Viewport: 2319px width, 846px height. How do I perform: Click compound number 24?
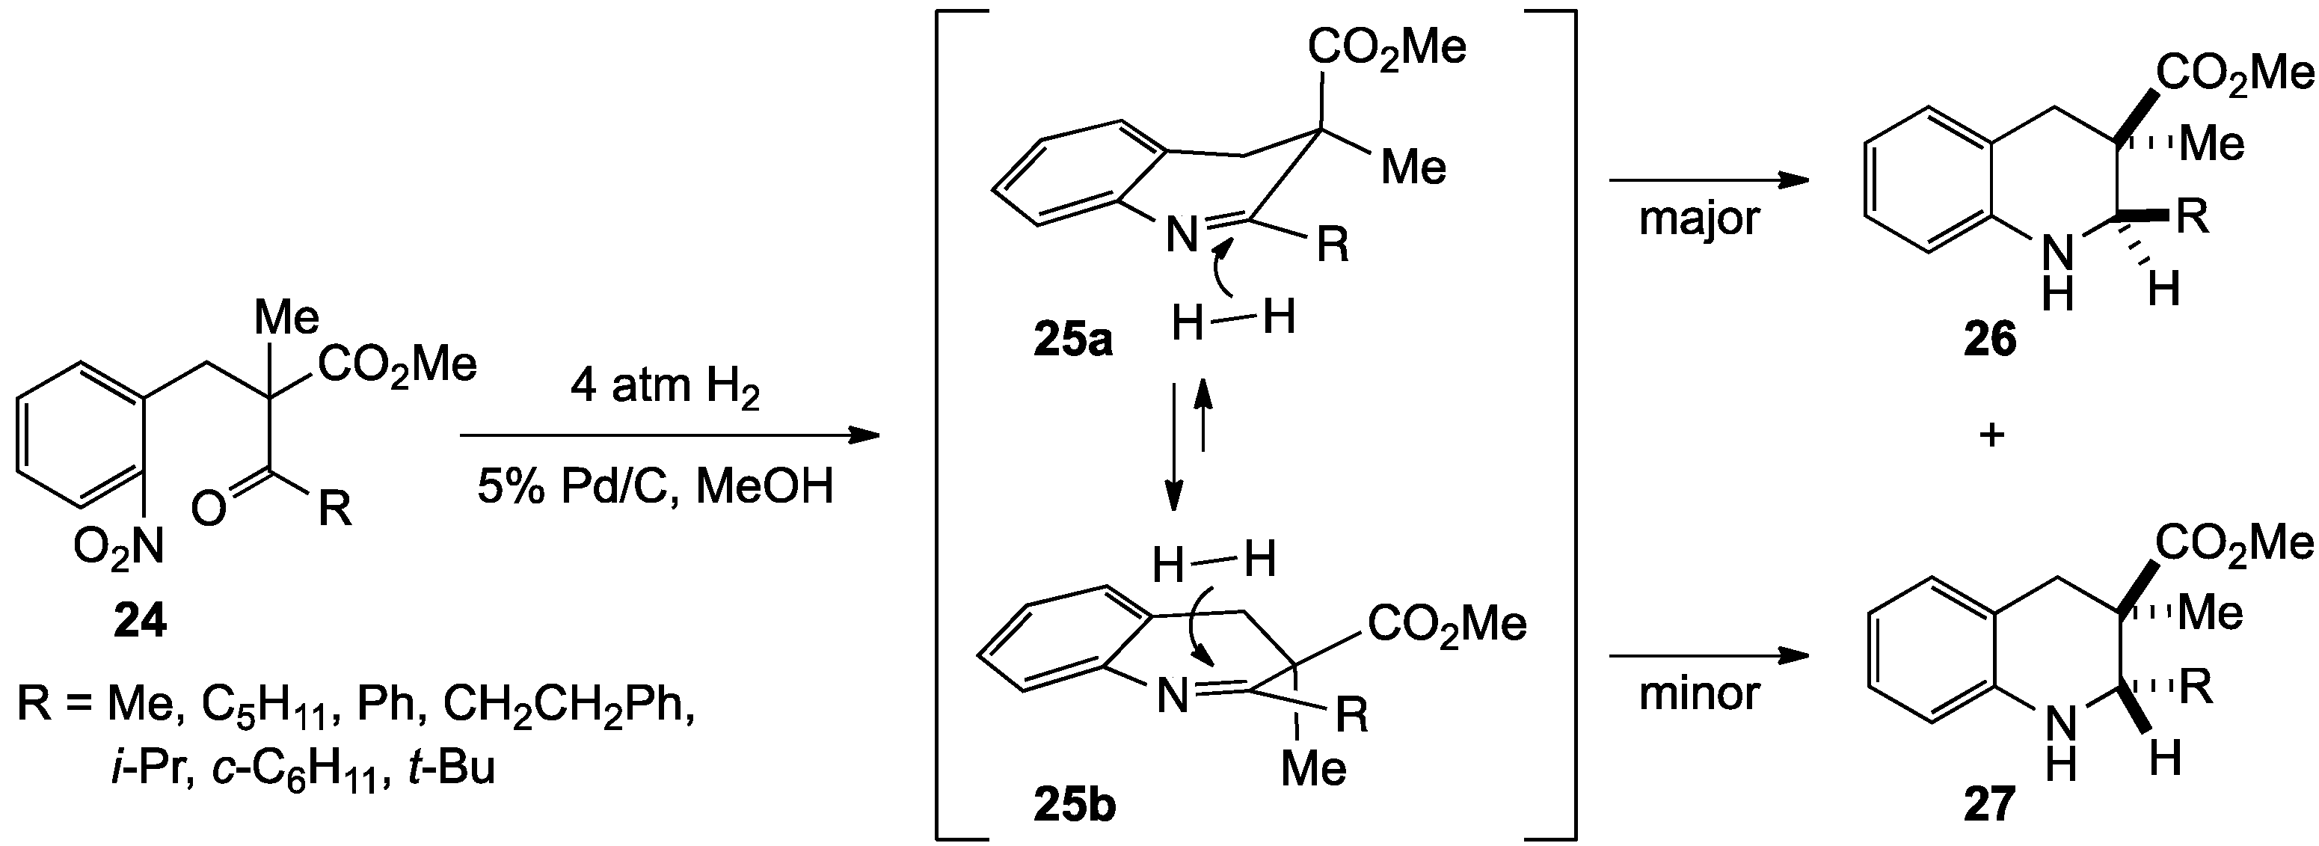point(140,620)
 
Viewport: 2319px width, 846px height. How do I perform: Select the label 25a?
point(1072,340)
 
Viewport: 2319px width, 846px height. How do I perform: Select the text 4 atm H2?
point(666,389)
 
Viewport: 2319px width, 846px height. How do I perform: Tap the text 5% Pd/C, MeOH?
point(655,487)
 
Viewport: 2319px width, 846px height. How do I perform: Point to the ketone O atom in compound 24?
point(208,510)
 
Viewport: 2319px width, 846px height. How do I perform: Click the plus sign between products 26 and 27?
point(1992,435)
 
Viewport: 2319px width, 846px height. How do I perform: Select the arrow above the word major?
point(1708,181)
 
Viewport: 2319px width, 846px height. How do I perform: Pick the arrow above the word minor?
point(1708,655)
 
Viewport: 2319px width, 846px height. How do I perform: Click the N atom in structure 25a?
point(1182,236)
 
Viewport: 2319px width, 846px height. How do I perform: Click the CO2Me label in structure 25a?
point(1386,47)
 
